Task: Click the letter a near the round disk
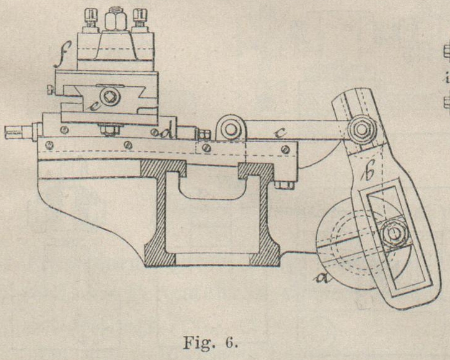[322, 280]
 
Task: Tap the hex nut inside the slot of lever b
[392, 234]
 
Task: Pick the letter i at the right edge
[446, 78]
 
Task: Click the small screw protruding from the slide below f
[50, 93]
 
